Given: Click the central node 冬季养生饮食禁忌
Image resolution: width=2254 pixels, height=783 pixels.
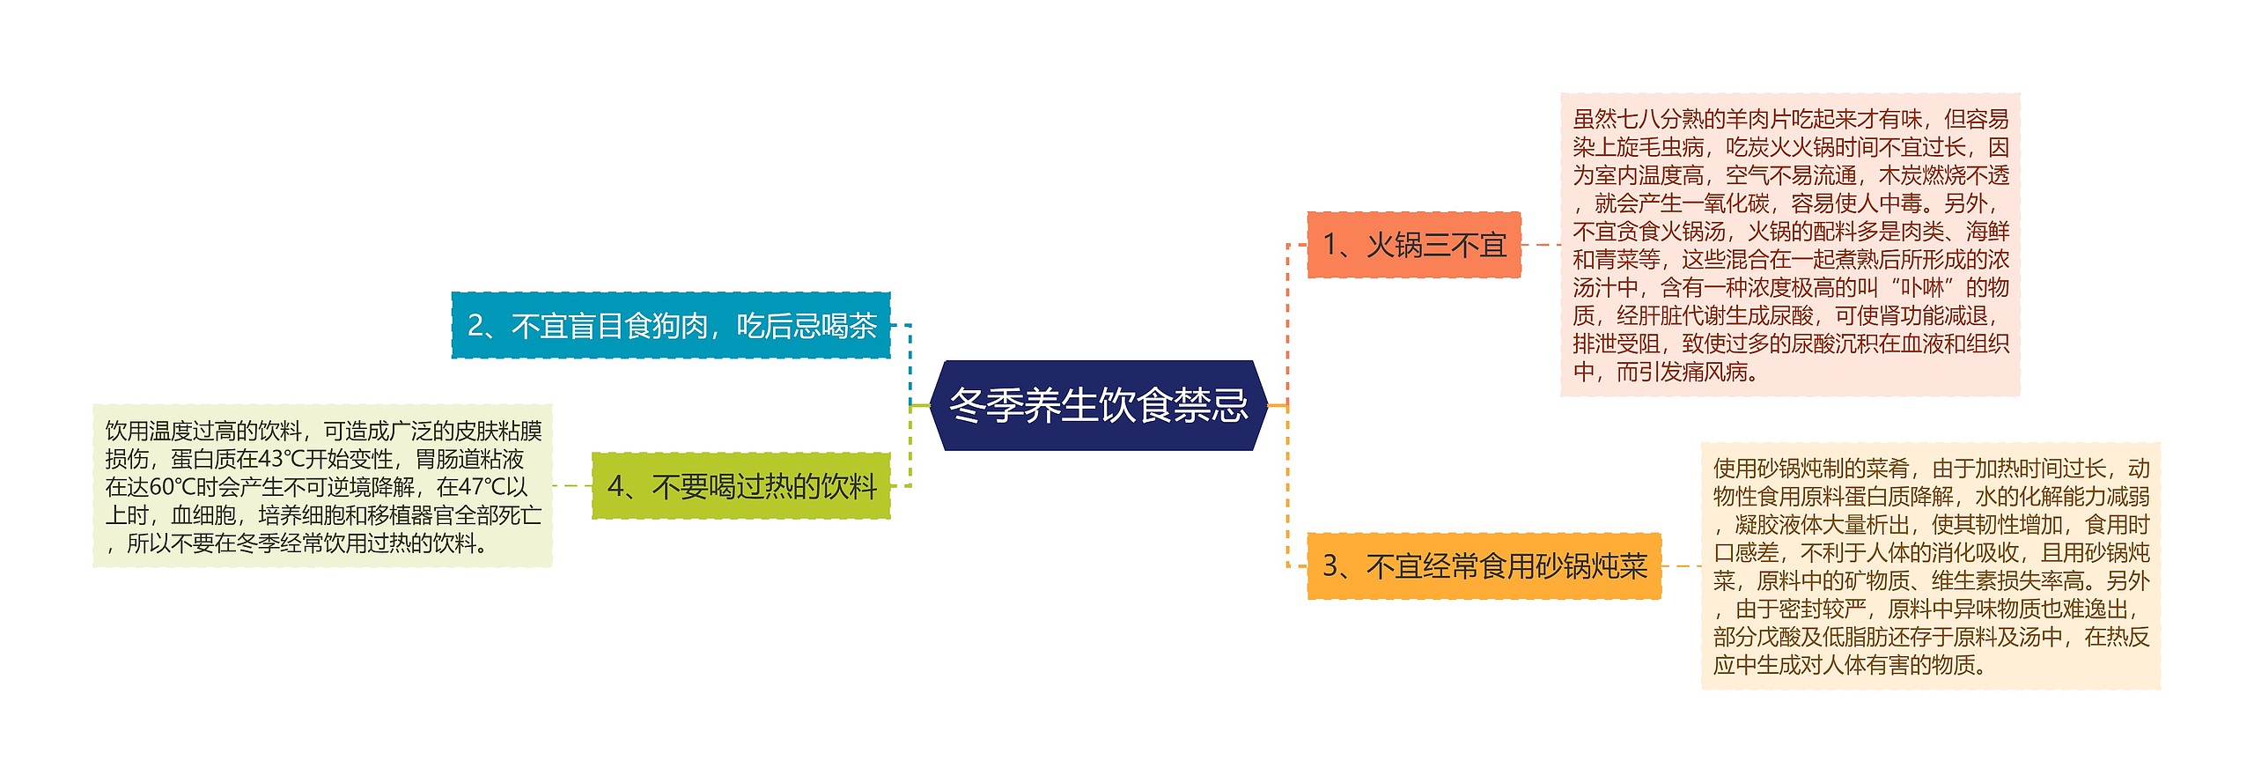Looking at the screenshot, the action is (x=1098, y=405).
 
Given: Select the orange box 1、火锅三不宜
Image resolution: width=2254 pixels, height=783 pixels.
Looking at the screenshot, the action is (x=1413, y=245).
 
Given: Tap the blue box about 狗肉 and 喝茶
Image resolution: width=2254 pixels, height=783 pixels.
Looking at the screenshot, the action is (x=671, y=326).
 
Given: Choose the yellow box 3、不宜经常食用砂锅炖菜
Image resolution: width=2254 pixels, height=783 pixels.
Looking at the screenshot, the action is (x=1484, y=565).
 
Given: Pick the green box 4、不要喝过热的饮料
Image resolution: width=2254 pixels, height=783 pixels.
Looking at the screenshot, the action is (x=740, y=485).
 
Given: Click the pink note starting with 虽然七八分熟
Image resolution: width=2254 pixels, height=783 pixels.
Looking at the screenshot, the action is (x=1790, y=245).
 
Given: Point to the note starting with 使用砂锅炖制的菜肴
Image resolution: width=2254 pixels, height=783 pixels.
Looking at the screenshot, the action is (x=1930, y=565).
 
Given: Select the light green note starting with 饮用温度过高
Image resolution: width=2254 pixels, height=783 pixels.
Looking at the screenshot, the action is (x=322, y=485).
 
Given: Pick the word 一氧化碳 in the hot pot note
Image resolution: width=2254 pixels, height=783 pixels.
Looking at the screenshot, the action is (x=1725, y=203).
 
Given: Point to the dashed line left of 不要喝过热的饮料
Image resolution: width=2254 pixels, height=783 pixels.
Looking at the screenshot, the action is (x=571, y=485).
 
